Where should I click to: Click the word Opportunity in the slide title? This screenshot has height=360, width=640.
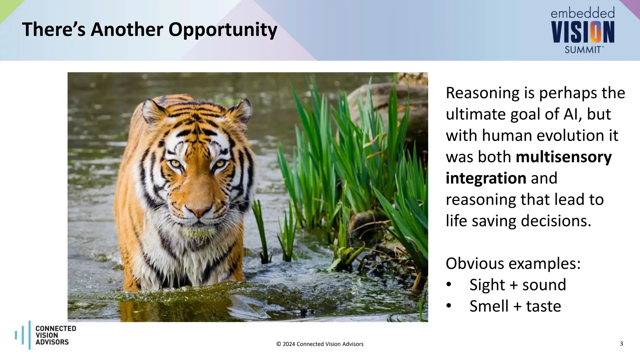222,30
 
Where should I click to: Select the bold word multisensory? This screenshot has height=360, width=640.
563,157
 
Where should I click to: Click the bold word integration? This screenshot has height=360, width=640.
486,178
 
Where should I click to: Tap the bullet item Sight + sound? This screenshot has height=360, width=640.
517,285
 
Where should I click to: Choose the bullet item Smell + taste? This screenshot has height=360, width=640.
515,306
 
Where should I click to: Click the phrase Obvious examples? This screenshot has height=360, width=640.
513,263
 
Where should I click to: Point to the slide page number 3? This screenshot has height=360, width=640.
621,343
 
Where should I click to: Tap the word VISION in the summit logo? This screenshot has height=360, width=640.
582,32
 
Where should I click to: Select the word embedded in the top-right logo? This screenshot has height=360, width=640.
582,13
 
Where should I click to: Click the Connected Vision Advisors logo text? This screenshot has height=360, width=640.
55,335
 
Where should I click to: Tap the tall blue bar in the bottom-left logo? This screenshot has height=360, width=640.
30,335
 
